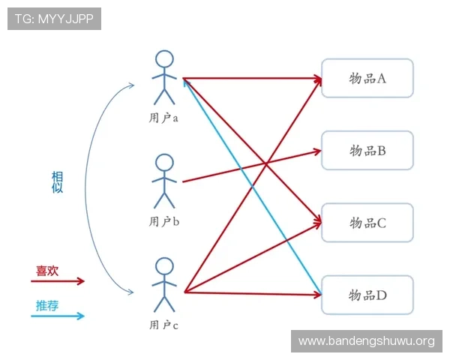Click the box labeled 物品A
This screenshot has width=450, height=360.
[x=367, y=78]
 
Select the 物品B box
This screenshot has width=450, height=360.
[x=367, y=151]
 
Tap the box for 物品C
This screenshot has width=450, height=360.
[x=367, y=223]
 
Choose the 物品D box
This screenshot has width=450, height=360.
[x=367, y=295]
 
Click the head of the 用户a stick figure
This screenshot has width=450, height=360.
[x=164, y=59]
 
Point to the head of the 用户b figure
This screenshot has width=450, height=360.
[x=164, y=163]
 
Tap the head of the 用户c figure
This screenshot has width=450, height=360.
[x=164, y=266]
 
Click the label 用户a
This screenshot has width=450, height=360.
[x=163, y=118]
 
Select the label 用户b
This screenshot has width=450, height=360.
[x=163, y=221]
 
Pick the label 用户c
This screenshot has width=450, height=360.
[x=163, y=325]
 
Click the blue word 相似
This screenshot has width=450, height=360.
[x=57, y=182]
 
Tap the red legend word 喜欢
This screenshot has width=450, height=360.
[x=47, y=271]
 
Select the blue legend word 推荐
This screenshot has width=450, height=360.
[x=47, y=306]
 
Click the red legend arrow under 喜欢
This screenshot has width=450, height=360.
[x=58, y=281]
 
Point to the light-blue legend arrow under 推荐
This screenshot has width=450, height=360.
[x=58, y=316]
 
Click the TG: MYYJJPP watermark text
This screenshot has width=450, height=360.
[x=54, y=19]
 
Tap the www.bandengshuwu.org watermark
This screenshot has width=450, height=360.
[x=367, y=341]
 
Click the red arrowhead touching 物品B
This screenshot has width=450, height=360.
[x=318, y=151]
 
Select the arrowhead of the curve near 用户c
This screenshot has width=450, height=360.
[x=131, y=292]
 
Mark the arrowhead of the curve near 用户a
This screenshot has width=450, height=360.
[x=131, y=85]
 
